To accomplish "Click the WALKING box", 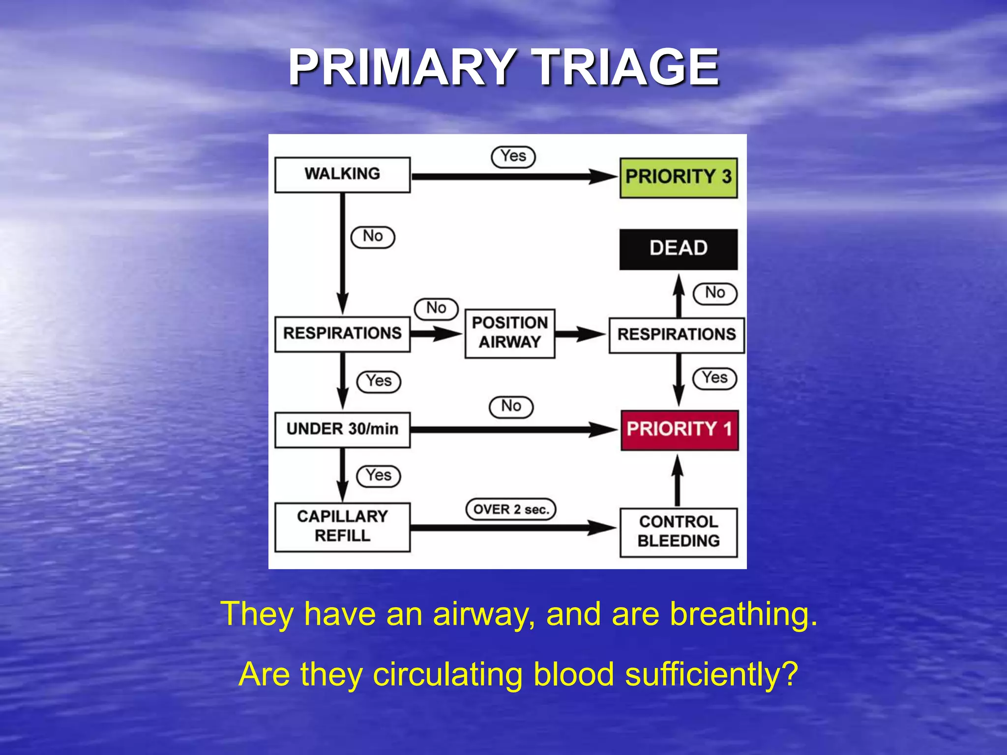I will click(342, 174).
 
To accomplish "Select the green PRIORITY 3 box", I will click(679, 177).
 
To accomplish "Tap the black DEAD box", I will click(679, 249).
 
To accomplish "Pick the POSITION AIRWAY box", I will click(510, 333).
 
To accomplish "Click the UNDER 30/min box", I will click(342, 430).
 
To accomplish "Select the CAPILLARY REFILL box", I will click(342, 527).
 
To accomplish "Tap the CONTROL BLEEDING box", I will click(679, 532).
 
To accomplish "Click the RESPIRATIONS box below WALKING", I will click(342, 334).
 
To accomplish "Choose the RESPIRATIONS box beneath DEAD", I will click(677, 335).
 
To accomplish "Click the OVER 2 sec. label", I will click(511, 509).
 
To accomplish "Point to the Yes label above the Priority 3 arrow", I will click(513, 157).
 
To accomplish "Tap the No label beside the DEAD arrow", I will click(715, 293).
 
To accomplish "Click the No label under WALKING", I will click(373, 237).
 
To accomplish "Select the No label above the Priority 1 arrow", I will click(511, 407).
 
